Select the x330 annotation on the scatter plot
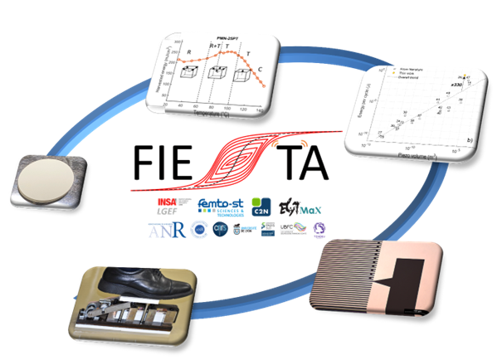point(455,85)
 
